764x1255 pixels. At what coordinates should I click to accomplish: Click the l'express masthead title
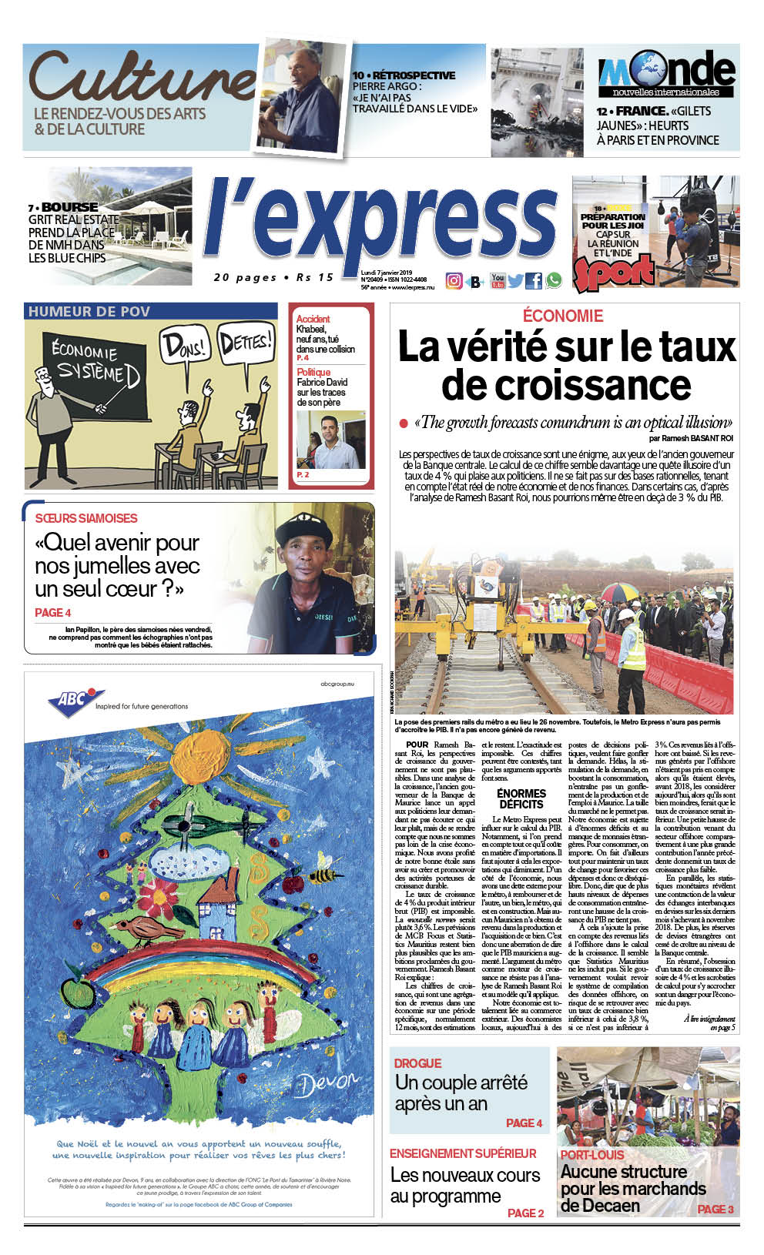[381, 223]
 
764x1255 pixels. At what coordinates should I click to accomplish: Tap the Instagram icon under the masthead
[454, 281]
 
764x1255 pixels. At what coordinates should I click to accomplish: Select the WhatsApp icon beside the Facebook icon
[554, 281]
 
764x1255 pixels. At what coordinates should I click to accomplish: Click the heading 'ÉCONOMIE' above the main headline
[563, 316]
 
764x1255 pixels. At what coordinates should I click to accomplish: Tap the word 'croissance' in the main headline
[566, 385]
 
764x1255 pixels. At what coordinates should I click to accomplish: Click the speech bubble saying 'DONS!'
[184, 346]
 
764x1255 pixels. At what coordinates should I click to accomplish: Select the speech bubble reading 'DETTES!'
[246, 341]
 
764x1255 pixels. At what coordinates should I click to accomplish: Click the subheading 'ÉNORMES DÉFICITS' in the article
[521, 798]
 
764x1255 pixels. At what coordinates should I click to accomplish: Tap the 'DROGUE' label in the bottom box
[417, 1063]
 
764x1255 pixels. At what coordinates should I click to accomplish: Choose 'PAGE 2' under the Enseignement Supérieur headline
[525, 1213]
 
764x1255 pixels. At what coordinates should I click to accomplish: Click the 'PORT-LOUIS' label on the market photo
[591, 1155]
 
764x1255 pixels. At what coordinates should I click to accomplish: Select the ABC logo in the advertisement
[72, 701]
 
